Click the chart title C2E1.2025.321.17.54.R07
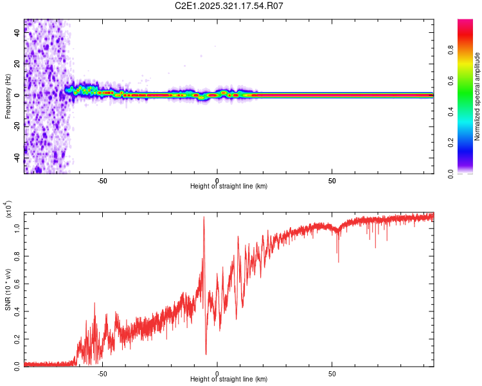[x=229, y=6]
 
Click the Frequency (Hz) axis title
[x=8, y=96]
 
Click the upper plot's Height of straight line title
[x=229, y=186]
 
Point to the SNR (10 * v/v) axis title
[x=8, y=289]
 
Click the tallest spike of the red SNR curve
[x=204, y=217]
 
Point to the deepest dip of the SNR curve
[x=206, y=353]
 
